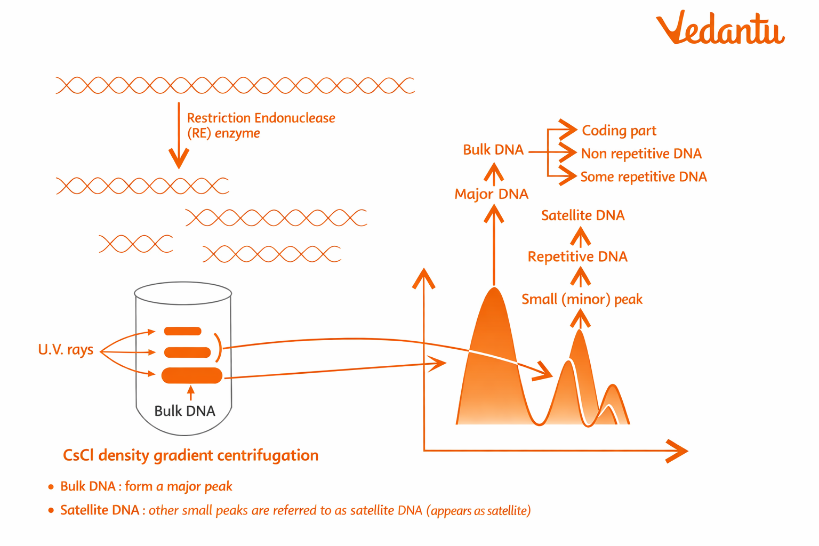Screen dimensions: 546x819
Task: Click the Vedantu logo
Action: (720, 28)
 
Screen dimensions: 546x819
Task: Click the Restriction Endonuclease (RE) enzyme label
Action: (261, 125)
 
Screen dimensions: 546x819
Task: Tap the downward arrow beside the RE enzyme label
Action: (179, 136)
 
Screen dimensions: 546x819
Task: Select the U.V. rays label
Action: (66, 350)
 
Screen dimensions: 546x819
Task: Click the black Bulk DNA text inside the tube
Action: (184, 411)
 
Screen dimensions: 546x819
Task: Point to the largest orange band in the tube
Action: (192, 375)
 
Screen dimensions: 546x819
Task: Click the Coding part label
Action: (619, 131)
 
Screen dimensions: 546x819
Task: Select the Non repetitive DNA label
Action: (641, 154)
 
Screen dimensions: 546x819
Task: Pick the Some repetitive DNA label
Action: (643, 176)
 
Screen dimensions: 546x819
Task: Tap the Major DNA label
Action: (491, 194)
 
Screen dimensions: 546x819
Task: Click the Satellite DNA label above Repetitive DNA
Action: (583, 215)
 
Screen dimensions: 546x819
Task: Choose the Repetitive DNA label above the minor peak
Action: (577, 256)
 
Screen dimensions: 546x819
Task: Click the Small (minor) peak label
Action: (582, 299)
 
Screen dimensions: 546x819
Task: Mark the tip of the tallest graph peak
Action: (495, 289)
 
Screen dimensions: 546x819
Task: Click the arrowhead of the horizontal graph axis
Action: (678, 451)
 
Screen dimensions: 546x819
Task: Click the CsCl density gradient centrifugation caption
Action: (190, 455)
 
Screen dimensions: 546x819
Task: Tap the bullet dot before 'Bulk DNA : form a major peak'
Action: (51, 486)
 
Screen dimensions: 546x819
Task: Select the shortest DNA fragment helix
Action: (136, 244)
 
